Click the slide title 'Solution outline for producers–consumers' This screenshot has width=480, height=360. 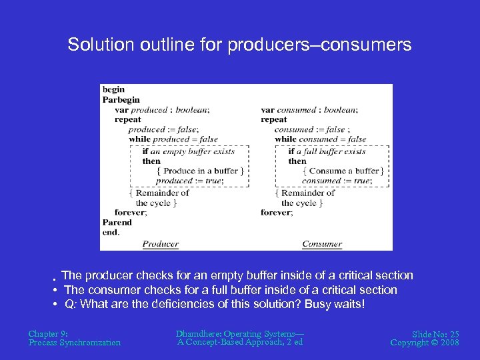[x=239, y=45]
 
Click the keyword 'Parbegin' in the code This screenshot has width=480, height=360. [x=121, y=99]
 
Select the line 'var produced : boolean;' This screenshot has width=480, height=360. [x=157, y=109]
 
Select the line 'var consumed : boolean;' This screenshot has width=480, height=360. [x=309, y=109]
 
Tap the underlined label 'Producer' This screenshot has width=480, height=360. [x=161, y=244]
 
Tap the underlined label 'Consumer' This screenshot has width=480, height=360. [x=322, y=244]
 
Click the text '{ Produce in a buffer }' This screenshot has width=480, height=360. [x=200, y=171]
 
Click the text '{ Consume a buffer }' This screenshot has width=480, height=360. [x=343, y=171]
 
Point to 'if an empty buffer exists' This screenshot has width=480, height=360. [x=189, y=151]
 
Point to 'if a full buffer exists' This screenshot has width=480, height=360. [x=327, y=151]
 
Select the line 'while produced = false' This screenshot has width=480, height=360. [x=173, y=139]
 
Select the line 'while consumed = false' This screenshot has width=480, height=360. [x=321, y=139]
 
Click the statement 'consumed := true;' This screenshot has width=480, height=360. [x=336, y=181]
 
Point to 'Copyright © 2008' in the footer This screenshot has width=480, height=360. [x=425, y=343]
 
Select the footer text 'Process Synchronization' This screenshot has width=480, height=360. [x=75, y=343]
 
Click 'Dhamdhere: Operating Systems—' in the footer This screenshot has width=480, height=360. [x=239, y=333]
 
